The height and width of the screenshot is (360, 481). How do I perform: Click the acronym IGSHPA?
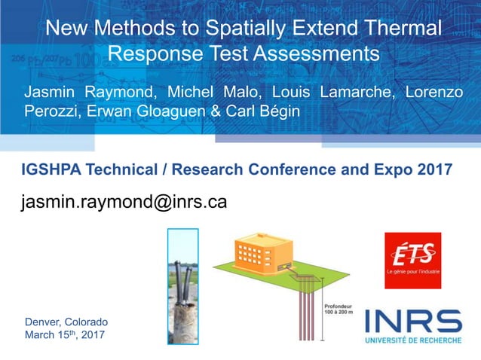[52, 170]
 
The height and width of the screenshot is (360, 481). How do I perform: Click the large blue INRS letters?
[413, 322]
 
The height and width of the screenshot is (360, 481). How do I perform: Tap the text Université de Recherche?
[413, 340]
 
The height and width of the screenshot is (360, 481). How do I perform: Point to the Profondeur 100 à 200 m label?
[339, 310]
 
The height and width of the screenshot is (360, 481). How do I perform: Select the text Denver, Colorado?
[66, 322]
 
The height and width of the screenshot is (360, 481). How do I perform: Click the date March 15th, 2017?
[65, 334]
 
